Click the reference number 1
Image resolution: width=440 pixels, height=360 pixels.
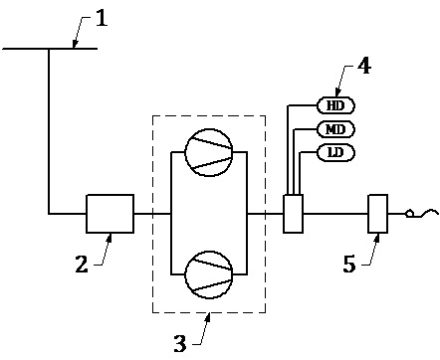click(102, 18)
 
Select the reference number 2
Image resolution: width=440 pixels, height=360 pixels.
click(82, 265)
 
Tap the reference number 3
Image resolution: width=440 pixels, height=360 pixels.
click(180, 344)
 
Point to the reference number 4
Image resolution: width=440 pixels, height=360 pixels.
click(364, 66)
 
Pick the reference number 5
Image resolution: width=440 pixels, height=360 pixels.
click(349, 265)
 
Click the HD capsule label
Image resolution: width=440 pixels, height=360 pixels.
click(336, 105)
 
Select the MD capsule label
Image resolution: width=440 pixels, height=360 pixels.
click(336, 129)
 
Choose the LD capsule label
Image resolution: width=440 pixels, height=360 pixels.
click(336, 153)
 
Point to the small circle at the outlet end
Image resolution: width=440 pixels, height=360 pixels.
click(410, 214)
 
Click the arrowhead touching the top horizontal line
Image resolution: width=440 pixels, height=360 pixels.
click(75, 44)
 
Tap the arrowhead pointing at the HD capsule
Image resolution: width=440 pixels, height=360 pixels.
click(337, 93)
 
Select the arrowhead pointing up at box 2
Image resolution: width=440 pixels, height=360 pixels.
click(110, 238)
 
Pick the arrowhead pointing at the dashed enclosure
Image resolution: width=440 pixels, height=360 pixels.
click(208, 317)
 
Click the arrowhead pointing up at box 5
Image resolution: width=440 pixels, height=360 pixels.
click(377, 238)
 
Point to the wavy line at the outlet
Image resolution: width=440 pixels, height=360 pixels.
click(427, 213)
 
